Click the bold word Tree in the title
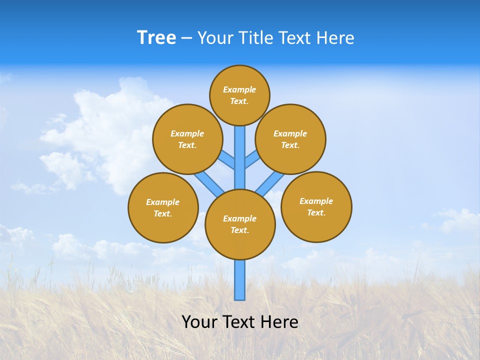156,38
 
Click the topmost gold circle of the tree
239,95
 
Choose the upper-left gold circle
187,139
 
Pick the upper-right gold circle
290,139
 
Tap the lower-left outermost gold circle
163,207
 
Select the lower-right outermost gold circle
316,206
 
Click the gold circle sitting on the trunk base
240,224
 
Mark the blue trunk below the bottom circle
240,280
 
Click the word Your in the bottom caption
199,321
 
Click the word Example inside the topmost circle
239,89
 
